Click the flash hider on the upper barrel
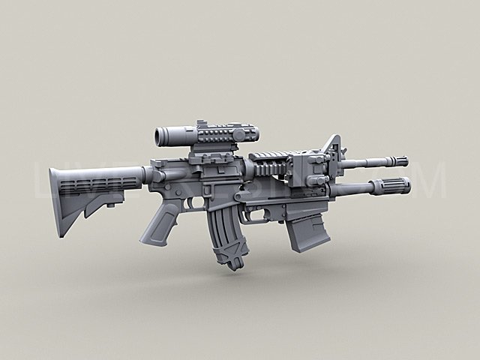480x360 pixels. click(396, 160)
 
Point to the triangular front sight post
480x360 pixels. click(333, 146)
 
